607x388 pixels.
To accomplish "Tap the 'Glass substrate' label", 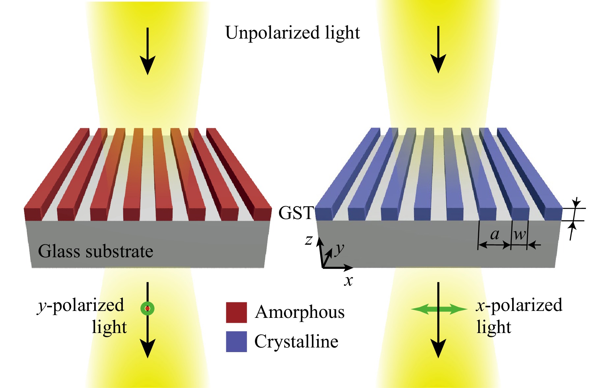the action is point(96,251).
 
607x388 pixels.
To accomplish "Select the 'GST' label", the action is point(296,213).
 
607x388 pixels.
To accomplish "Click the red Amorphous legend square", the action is point(236,312).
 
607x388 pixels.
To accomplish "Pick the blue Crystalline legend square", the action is point(236,342).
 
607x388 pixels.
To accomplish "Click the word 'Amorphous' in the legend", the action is point(300,312).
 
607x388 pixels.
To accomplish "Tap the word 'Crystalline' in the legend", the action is point(296,341).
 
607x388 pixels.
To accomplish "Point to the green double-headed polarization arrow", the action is point(439,309).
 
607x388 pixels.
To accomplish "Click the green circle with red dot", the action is point(147,308).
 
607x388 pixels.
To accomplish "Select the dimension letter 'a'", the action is point(495,234).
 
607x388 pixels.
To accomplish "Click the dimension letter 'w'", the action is point(520,235).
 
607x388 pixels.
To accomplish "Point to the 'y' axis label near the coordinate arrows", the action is point(340,249).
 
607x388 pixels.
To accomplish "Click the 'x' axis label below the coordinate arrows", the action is point(348,281).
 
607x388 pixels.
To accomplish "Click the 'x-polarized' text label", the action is point(519,305).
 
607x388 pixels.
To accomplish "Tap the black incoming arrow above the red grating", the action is point(148,51).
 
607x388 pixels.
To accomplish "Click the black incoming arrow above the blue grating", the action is point(438,50).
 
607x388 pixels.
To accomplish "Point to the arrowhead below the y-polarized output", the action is point(148,348).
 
